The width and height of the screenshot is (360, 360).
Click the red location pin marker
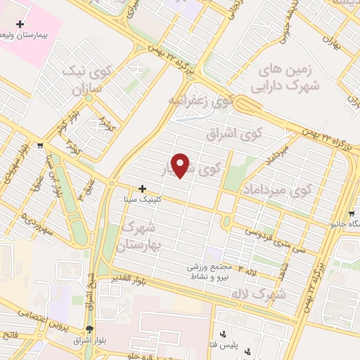tap(181, 165)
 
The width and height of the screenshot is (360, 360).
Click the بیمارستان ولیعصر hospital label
tap(28, 34)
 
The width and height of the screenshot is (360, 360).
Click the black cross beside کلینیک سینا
tap(143, 188)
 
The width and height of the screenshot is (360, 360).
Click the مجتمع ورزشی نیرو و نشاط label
tap(206, 271)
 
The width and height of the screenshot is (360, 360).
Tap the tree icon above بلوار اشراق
tap(89, 329)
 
